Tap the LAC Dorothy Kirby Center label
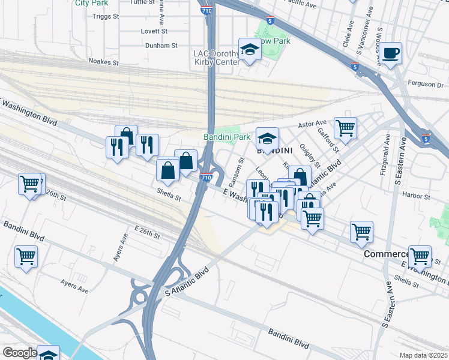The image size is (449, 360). coord(216,58)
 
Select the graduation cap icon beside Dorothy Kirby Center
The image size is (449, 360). coord(249,50)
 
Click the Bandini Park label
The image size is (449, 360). coord(226,137)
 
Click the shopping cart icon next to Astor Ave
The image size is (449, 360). coord(345,128)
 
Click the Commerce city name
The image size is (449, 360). coord(385,254)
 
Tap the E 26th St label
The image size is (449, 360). coord(148,232)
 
